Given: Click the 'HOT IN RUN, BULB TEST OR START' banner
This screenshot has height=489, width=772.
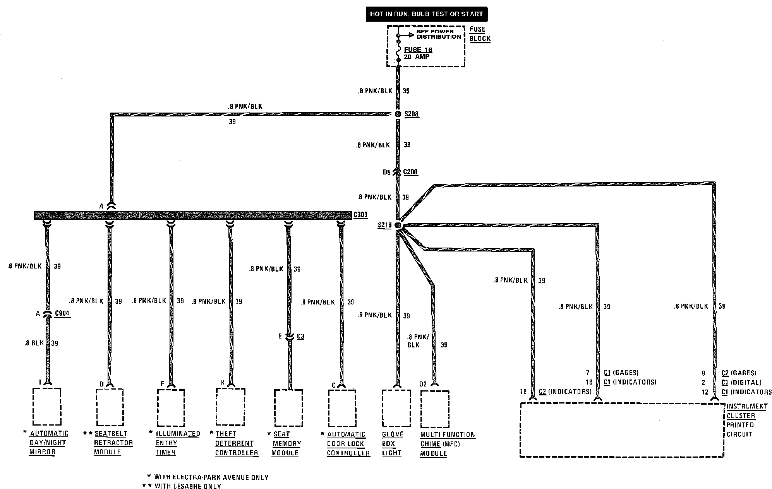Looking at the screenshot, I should pos(426,14).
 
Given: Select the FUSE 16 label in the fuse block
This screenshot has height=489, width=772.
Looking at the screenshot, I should pos(418,50).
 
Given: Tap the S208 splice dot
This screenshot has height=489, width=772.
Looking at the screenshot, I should pos(398,114).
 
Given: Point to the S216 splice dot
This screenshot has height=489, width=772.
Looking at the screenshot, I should pos(398,225).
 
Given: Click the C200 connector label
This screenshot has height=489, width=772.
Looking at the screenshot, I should pos(410,172).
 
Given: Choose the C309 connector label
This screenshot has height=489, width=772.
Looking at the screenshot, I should pos(360,215).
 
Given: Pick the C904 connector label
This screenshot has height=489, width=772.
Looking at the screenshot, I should pos(62,313).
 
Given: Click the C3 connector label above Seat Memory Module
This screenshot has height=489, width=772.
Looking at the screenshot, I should pos(300,337).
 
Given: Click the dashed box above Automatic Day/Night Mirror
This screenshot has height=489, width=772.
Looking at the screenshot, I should pos(47,406).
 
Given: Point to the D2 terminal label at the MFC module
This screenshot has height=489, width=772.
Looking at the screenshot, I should pos(423,384).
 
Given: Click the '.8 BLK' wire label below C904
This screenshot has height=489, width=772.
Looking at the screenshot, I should pos(34,343).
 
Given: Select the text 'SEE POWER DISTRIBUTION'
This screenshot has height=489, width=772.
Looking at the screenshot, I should pos(438,34).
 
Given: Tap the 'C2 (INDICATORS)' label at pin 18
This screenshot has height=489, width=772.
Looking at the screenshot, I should pos(565,392).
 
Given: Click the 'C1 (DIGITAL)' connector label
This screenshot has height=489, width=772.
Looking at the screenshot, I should pos(741,382).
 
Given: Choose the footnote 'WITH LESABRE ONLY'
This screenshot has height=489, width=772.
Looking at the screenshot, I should pos(188,486).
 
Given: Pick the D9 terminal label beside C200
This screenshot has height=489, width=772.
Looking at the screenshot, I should pos(386,172).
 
